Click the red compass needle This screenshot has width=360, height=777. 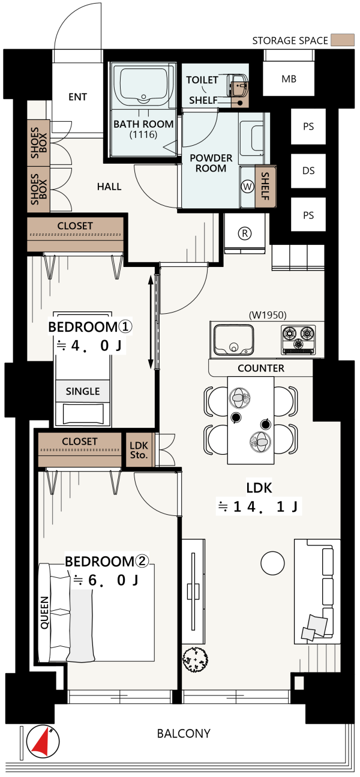tap(41, 742)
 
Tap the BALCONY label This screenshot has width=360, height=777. tap(184, 733)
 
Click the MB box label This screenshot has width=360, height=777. tap(289, 79)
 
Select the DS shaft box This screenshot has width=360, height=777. tap(308, 170)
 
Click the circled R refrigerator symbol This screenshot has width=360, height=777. tap(245, 233)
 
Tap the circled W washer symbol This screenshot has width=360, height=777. tap(247, 187)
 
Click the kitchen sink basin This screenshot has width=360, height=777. tap(233, 339)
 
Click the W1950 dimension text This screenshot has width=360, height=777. tap(268, 315)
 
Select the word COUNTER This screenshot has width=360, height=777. tap(261, 368)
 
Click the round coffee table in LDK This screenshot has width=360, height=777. tap(272, 563)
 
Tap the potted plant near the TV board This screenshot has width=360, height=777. tap(195, 659)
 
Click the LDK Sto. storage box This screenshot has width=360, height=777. tap(139, 450)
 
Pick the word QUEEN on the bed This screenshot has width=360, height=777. tap(45, 613)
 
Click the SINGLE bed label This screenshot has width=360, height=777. tap(83, 391)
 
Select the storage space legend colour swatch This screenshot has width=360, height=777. tap(343, 40)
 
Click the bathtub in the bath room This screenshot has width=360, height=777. tap(143, 85)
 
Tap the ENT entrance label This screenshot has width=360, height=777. tap(77, 97)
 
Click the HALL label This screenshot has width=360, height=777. tap(109, 187)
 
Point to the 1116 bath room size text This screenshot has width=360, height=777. tap(143, 134)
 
